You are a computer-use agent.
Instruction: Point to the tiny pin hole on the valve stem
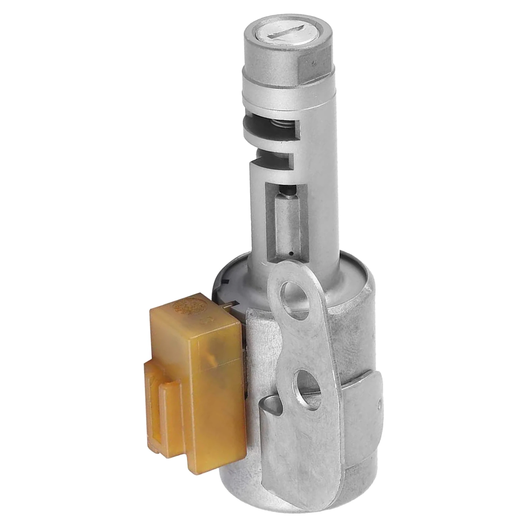291,254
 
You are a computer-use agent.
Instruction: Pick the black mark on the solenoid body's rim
226,281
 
